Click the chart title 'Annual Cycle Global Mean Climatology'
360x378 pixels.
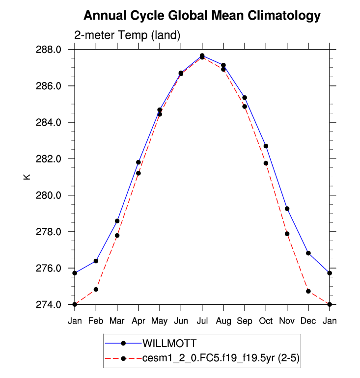click(202, 16)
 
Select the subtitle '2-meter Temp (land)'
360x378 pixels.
click(127, 35)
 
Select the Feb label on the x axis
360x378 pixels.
click(96, 321)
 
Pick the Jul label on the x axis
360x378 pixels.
click(202, 321)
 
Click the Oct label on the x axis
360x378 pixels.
click(266, 321)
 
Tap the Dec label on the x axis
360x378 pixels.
click(308, 321)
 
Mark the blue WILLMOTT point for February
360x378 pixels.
click(96, 261)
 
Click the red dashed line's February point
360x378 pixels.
click(96, 289)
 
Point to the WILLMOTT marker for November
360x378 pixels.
click(287, 209)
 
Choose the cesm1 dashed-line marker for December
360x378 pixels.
click(308, 291)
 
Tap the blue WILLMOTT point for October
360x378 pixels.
click(266, 146)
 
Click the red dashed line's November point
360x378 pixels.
click(287, 234)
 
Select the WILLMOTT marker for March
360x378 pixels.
click(117, 221)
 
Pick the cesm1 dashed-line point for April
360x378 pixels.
click(138, 173)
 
